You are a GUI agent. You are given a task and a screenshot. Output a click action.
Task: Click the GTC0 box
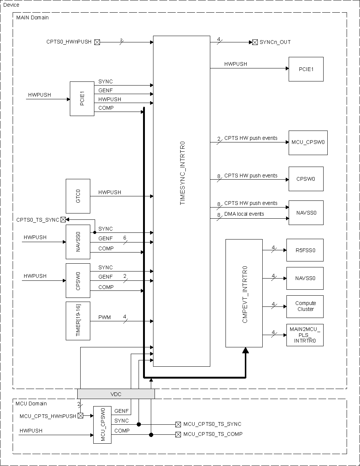78,196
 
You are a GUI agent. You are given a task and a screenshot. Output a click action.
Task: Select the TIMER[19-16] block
78,321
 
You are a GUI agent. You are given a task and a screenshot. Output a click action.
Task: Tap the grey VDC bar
116,394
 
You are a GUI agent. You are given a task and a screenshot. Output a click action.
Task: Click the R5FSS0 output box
305,250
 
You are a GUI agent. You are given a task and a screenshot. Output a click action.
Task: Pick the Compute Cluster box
305,306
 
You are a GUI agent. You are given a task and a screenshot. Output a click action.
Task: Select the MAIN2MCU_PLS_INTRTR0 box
305,335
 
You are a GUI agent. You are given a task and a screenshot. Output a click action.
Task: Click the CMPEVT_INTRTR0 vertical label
244,294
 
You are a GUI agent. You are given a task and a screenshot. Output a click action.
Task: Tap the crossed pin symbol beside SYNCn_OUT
255,42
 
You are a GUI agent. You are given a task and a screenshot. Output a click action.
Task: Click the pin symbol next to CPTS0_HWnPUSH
97,42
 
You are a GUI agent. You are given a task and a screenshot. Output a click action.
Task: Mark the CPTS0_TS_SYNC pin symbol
63,219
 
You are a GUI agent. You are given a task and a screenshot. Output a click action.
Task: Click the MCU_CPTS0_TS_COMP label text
213,434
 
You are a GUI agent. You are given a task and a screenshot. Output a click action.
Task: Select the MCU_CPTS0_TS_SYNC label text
212,424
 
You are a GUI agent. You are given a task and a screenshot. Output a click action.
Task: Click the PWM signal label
104,317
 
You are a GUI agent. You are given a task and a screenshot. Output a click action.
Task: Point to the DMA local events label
244,214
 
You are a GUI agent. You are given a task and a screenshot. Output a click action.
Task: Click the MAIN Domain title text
32,17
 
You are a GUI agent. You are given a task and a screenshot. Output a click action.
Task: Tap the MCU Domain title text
31,404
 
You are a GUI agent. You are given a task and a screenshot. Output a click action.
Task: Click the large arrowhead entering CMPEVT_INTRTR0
245,350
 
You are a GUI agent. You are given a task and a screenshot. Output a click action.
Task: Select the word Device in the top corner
11,5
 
